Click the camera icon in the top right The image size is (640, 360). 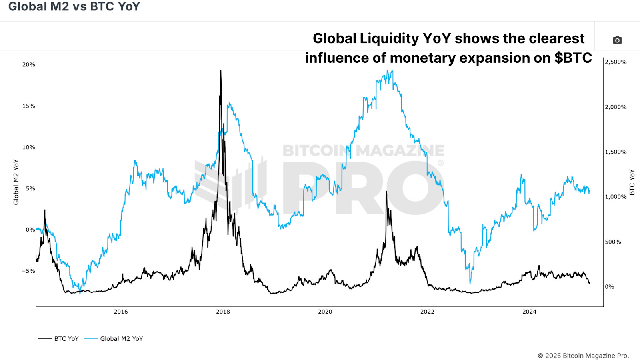(x=617, y=40)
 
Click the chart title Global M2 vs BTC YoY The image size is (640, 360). (x=74, y=7)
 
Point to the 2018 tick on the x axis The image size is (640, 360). (x=223, y=312)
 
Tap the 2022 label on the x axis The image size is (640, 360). (x=427, y=312)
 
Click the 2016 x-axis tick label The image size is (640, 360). (x=121, y=312)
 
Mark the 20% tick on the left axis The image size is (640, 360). (x=29, y=64)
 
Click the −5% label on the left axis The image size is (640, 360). (x=28, y=271)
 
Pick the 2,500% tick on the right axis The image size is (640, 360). (x=616, y=62)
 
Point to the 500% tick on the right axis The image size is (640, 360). (x=613, y=242)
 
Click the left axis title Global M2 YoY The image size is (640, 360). (x=16, y=182)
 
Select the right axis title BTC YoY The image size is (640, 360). (x=632, y=182)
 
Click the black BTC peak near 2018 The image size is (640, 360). (x=221, y=71)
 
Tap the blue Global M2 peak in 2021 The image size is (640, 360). (x=387, y=72)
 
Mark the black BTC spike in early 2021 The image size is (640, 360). (x=386, y=192)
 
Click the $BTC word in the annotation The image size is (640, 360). (x=573, y=58)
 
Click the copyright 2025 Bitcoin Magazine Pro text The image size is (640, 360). (x=583, y=356)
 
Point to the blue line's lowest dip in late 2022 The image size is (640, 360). (x=470, y=283)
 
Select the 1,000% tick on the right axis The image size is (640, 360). (x=616, y=196)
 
